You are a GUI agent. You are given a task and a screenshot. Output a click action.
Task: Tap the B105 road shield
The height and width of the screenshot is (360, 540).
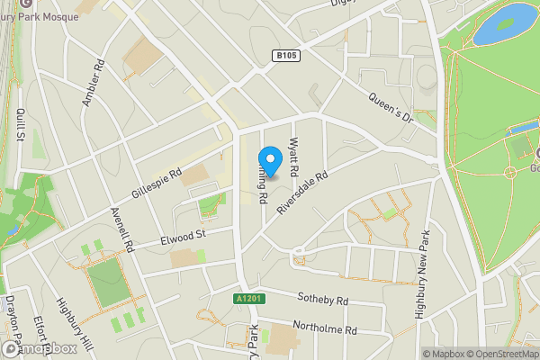point(285,56)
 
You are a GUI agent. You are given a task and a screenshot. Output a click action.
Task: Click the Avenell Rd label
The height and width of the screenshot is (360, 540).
point(119,229)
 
